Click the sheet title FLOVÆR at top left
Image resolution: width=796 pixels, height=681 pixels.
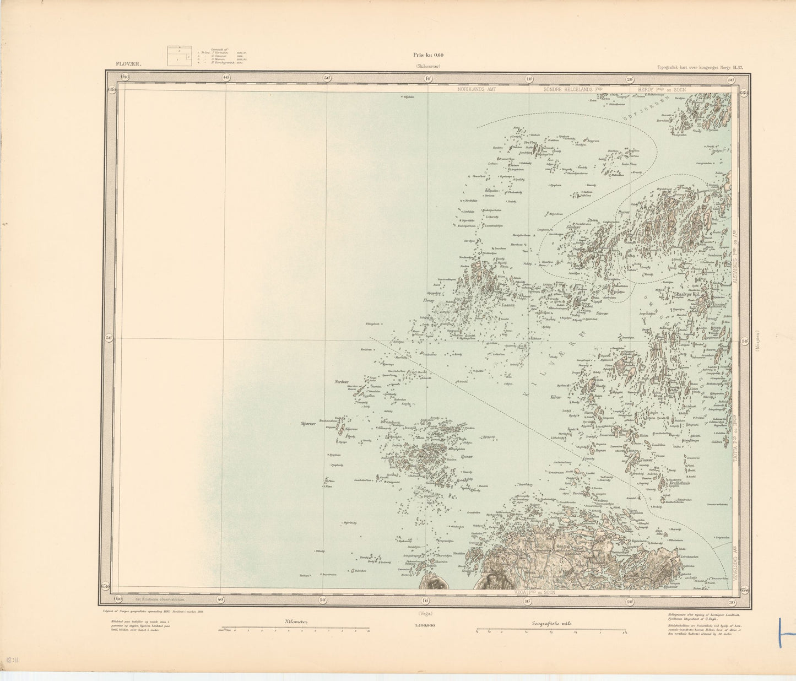point(129,64)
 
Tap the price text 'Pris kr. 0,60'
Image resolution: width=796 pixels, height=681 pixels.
point(428,55)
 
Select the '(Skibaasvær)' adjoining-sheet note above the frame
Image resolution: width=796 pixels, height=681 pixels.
point(428,67)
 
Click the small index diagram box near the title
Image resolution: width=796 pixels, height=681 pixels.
point(180,56)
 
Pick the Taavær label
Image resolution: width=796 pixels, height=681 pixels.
point(647,460)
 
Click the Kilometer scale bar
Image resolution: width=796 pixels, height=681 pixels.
point(295,628)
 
